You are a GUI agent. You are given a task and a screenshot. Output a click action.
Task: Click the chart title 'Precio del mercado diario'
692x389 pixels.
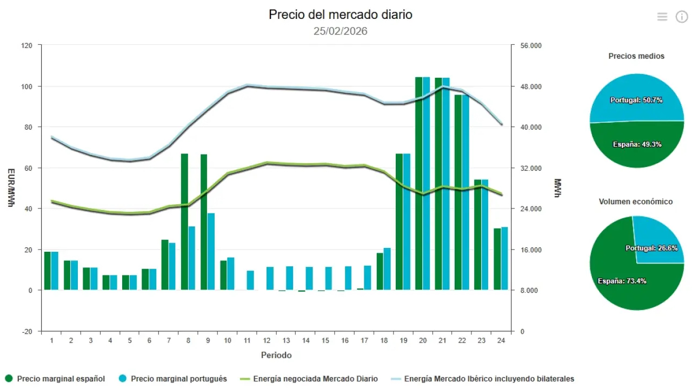[x=340, y=15]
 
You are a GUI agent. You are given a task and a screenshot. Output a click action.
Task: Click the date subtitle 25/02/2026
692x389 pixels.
[x=340, y=31]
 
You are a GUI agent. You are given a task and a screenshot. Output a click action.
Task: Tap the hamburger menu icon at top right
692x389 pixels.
[x=662, y=17]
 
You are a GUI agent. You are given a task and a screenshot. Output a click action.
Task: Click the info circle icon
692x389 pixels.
[x=682, y=17]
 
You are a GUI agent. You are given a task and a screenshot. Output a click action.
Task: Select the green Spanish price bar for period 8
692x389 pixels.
[x=184, y=222]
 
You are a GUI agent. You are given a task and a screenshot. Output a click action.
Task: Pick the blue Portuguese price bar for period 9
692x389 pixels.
[x=211, y=251]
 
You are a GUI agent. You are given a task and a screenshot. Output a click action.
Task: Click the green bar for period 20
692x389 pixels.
[x=419, y=184]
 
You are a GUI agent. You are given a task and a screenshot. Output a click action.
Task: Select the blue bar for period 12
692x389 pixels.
[x=270, y=278]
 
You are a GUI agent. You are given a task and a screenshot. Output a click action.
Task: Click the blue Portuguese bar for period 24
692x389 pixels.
[x=504, y=258]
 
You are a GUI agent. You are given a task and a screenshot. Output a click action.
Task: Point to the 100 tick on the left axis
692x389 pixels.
[x=26, y=86]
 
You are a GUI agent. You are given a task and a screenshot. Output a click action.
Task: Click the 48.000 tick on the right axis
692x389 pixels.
[x=531, y=86]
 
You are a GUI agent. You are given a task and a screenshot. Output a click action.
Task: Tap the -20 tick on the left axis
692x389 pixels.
[x=26, y=331]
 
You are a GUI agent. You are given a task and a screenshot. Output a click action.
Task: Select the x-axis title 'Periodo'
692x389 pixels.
[x=276, y=355]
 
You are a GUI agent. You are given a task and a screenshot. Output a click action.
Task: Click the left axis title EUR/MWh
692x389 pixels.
[x=11, y=187]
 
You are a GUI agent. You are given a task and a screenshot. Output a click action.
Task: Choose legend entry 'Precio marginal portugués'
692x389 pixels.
[x=178, y=379]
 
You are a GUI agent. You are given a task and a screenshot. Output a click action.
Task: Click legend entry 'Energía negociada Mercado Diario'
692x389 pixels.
[x=315, y=379]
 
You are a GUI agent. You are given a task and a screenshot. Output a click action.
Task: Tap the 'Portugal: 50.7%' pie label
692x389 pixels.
[x=636, y=100]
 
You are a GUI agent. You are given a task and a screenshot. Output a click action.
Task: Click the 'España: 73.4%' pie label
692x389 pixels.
[x=622, y=281]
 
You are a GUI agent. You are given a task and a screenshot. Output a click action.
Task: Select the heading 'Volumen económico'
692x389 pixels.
[x=636, y=202]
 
